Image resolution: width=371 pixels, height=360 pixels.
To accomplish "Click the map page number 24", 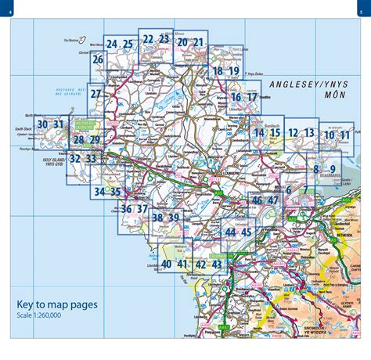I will (x=111, y=44).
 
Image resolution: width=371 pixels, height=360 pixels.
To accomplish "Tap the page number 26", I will (x=98, y=59).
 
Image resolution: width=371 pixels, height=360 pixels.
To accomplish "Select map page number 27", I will (x=95, y=95).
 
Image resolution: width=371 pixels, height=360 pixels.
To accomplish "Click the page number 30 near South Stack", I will (x=43, y=124).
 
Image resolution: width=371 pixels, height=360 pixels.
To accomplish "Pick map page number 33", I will (x=91, y=158).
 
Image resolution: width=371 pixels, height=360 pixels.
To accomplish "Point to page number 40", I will (x=166, y=265).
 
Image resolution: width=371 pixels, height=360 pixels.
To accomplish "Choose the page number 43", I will (x=218, y=265).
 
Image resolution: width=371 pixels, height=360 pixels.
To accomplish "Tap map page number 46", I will (x=257, y=200).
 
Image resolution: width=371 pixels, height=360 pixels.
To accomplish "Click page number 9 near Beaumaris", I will (x=333, y=169).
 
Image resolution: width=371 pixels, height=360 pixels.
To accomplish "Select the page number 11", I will (x=345, y=135).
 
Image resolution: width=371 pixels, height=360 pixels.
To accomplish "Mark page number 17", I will (x=252, y=97).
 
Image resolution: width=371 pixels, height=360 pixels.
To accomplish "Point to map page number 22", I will (x=147, y=38).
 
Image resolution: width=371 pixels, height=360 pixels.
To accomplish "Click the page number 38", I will (x=157, y=218).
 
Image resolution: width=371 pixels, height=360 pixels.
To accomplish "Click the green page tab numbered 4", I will (x=10, y=10).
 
